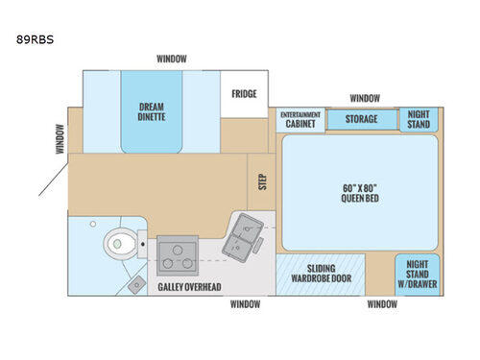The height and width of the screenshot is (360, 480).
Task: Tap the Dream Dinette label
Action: tap(153, 113)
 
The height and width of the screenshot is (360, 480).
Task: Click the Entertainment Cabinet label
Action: tap(300, 119)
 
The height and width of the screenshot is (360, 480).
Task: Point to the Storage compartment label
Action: tap(361, 119)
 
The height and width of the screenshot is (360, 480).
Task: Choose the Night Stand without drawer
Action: tap(419, 118)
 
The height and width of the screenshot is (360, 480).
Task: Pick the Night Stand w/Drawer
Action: tap(419, 271)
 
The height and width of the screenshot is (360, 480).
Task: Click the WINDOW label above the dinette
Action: tap(172, 59)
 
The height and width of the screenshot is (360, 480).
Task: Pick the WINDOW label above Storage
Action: tap(364, 98)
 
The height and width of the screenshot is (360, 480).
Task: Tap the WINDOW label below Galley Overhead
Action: tap(244, 304)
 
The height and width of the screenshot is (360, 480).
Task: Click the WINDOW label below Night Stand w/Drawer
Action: tap(382, 304)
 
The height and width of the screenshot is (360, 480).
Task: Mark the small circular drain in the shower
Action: tap(93, 224)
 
